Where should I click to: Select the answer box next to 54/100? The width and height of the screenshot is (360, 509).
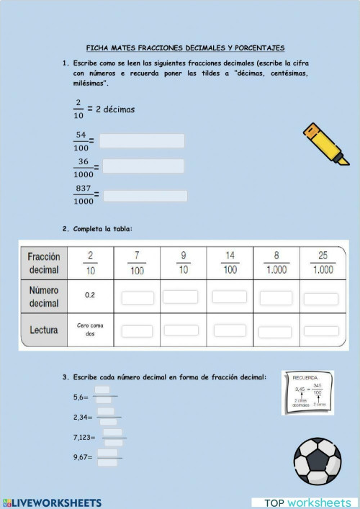[142, 140]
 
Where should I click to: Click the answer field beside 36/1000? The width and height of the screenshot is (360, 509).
[143, 166]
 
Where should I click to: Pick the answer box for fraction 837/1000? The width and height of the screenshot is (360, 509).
[145, 195]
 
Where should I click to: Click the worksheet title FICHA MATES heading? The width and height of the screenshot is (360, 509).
[185, 48]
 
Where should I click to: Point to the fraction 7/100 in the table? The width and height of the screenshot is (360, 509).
[137, 263]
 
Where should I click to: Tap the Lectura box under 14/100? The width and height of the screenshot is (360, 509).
[229, 330]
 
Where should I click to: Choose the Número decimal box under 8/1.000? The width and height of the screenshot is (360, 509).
[276, 297]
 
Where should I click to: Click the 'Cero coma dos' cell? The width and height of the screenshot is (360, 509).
[91, 330]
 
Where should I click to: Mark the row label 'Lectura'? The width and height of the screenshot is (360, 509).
[44, 330]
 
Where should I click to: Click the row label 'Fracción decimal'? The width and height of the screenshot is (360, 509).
[44, 263]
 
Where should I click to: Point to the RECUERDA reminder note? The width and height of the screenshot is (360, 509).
[307, 393]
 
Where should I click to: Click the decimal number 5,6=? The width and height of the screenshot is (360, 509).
[81, 397]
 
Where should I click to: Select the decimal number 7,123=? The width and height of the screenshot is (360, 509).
[85, 437]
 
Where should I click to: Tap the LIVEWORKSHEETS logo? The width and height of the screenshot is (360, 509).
[52, 502]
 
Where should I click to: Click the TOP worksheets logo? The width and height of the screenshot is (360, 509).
[307, 502]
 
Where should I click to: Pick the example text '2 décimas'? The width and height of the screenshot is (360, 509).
[115, 109]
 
